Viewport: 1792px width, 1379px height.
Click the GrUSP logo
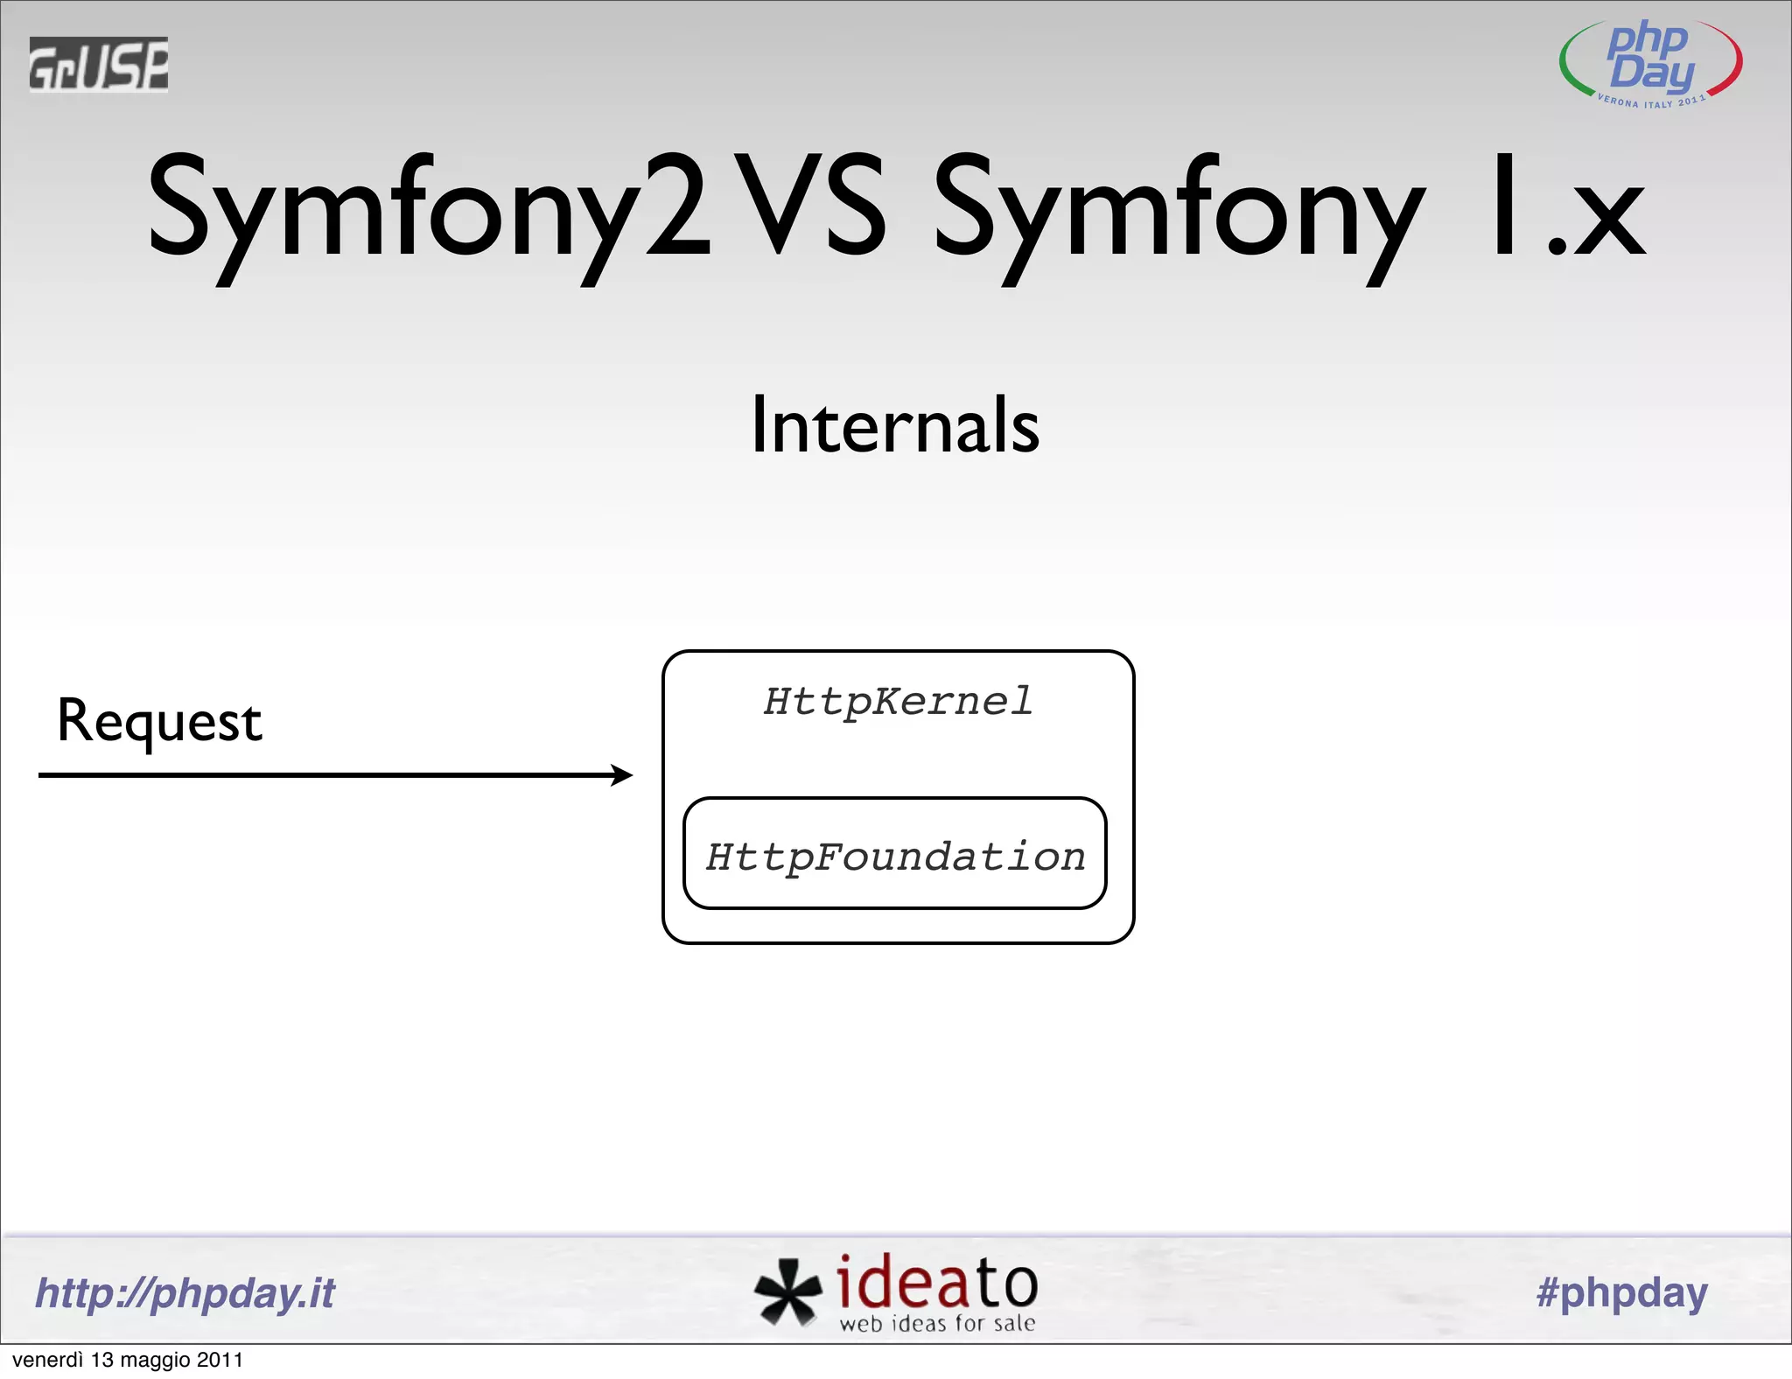pos(98,64)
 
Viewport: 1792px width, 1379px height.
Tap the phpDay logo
pos(1650,63)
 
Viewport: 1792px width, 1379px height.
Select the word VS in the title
pos(810,206)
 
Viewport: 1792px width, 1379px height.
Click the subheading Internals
pos(895,425)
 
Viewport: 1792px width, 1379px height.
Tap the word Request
pos(159,723)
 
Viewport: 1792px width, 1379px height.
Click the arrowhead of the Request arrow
pos(623,775)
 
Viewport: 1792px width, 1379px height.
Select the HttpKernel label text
pos(898,702)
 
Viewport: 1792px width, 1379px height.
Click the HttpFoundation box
pos(894,854)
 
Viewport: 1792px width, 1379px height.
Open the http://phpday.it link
pos(185,1293)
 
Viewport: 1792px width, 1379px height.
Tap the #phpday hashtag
pos(1621,1293)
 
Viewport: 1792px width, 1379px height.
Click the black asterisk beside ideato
pos(787,1291)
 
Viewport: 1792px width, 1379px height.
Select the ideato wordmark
pos(936,1282)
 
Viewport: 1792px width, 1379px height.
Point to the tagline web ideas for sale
pos(937,1324)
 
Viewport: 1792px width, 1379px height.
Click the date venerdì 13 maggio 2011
pos(128,1361)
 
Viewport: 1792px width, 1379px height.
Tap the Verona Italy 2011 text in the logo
pos(1650,102)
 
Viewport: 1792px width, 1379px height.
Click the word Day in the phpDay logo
pos(1652,73)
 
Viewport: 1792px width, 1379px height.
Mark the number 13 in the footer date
pos(102,1361)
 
